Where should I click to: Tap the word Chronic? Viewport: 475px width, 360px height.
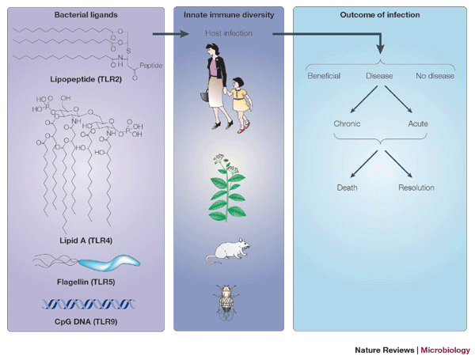click(x=349, y=124)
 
